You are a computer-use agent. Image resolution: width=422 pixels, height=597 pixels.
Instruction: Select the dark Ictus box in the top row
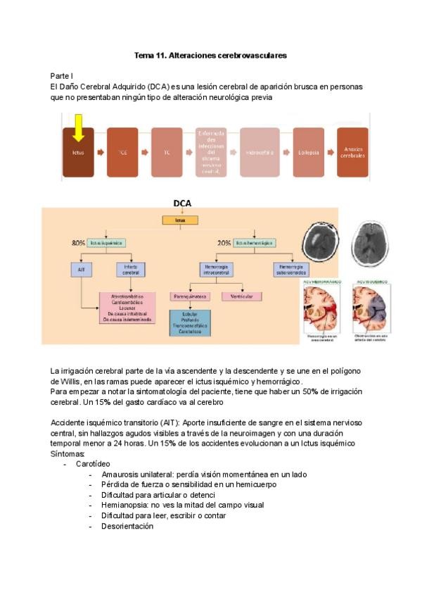click(x=78, y=152)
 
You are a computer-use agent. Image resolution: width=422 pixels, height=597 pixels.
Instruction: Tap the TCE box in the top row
click(x=122, y=152)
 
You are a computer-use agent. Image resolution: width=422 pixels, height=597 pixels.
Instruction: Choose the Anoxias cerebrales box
click(x=352, y=152)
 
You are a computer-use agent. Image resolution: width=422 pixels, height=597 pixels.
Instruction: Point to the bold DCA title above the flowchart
click(x=182, y=203)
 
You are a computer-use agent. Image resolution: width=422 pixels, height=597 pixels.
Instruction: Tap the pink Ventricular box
click(x=242, y=296)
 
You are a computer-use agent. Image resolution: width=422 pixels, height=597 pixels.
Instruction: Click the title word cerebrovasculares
click(x=248, y=54)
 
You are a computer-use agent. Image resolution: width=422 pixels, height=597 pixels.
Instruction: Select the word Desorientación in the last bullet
click(x=127, y=526)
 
